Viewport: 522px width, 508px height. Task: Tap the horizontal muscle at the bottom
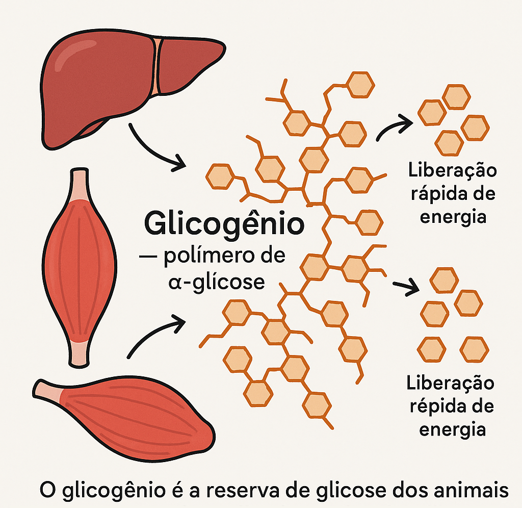pyautogui.click(x=126, y=418)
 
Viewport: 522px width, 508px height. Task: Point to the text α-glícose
pyautogui.click(x=217, y=283)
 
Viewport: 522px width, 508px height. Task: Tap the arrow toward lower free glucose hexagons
pyautogui.click(x=407, y=287)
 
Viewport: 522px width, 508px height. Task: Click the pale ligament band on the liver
pyautogui.click(x=157, y=67)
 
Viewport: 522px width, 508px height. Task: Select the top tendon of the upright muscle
pyautogui.click(x=79, y=185)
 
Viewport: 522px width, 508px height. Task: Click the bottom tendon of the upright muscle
pyautogui.click(x=80, y=354)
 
